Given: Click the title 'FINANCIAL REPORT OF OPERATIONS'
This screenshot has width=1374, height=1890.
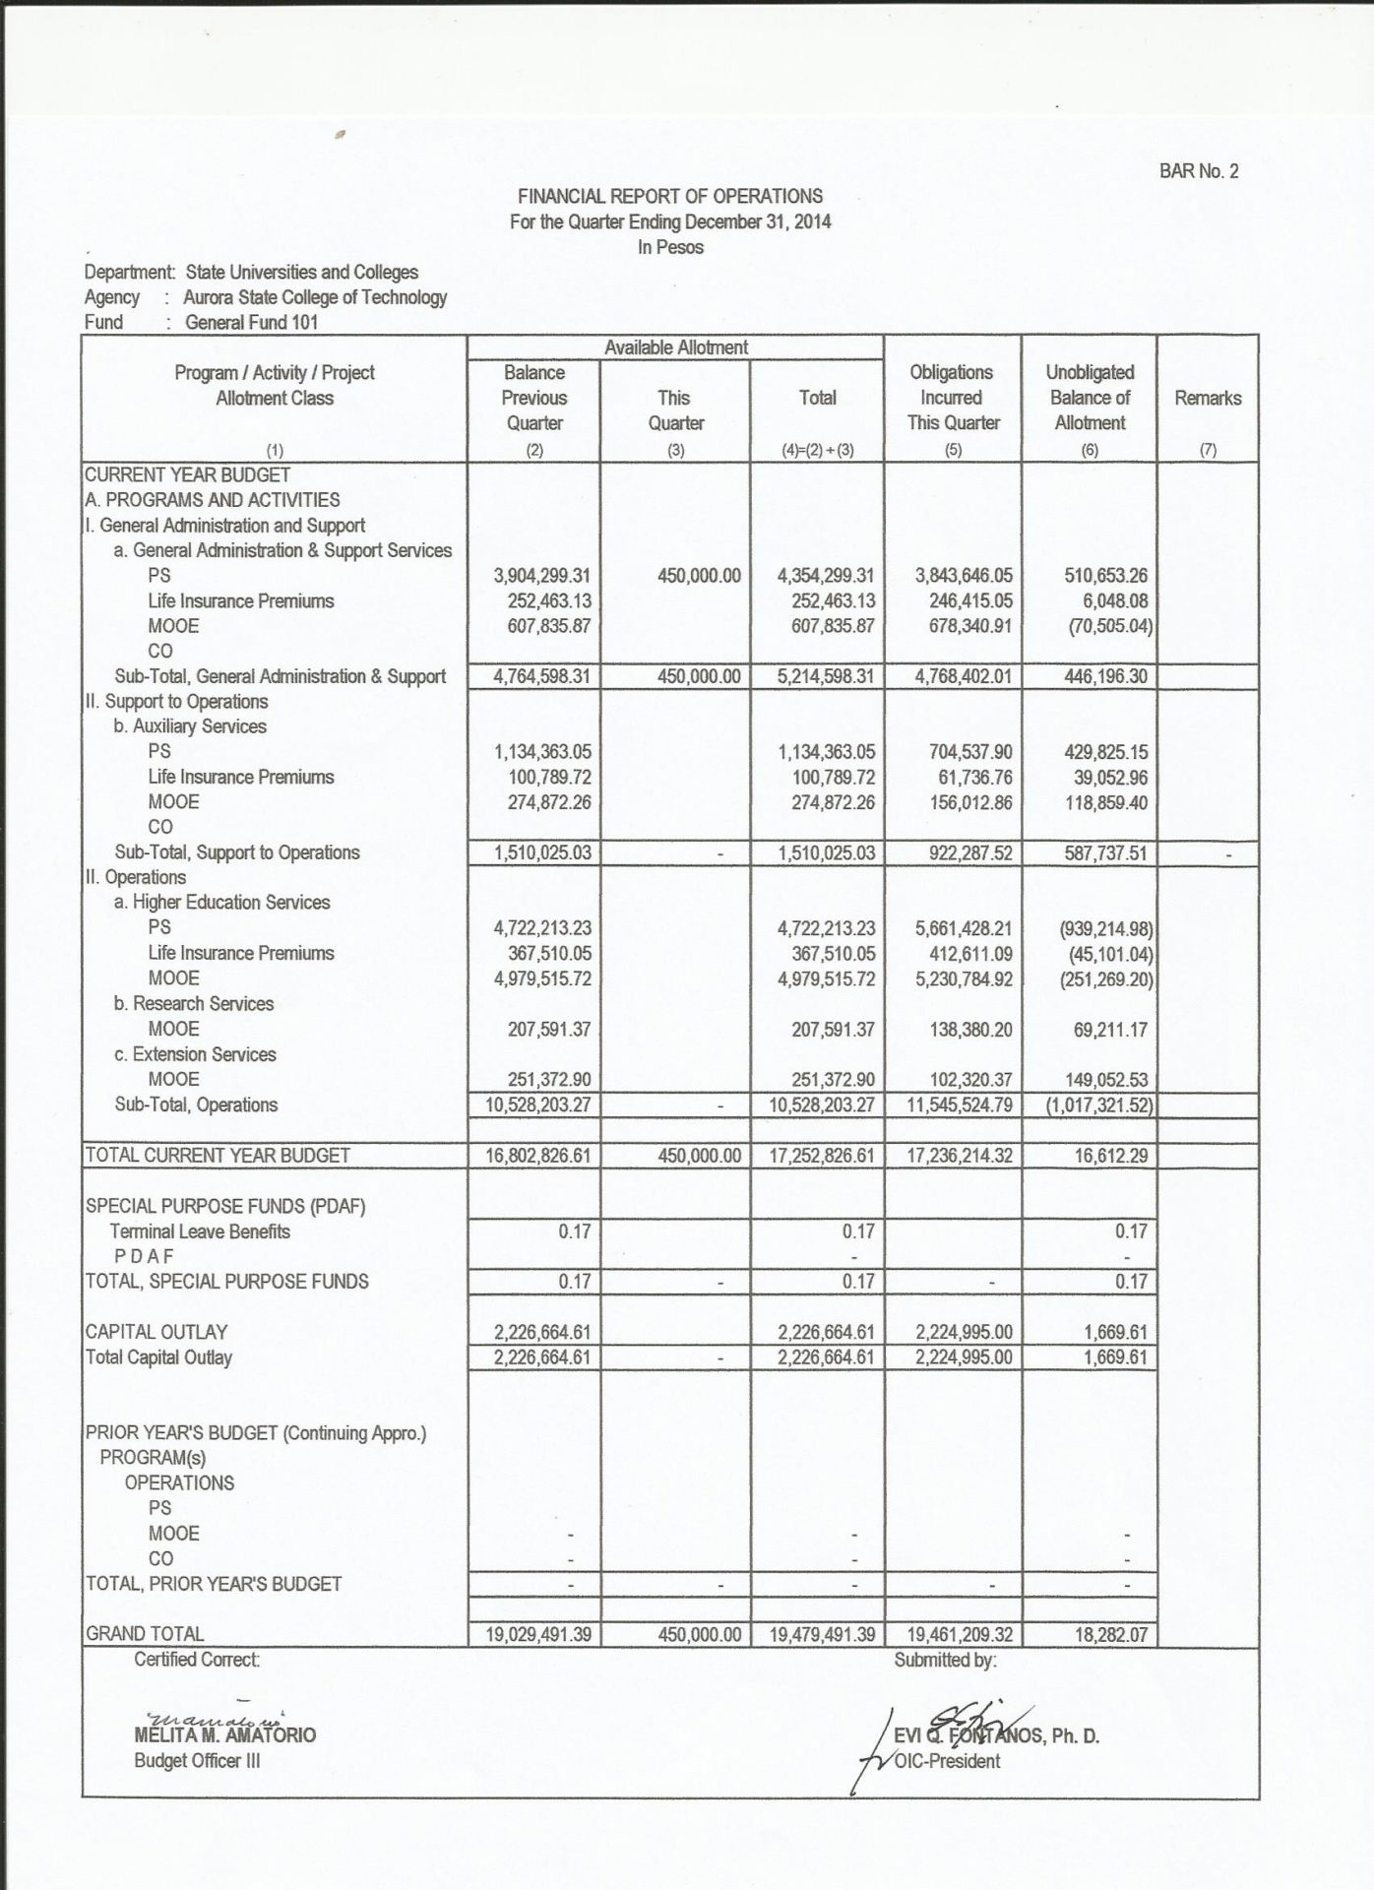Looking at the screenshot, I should click(x=670, y=196).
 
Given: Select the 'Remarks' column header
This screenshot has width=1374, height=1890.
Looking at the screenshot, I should click(x=1208, y=398).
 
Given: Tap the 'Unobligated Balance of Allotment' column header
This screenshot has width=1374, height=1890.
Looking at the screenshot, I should click(x=1090, y=398).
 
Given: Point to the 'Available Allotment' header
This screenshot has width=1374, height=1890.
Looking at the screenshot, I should click(x=675, y=347).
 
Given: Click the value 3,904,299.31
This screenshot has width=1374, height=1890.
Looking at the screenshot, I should click(x=542, y=576).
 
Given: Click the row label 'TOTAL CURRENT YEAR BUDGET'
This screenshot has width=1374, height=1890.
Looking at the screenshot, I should click(x=218, y=1156).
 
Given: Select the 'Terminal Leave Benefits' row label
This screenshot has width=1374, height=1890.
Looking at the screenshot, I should click(x=200, y=1231).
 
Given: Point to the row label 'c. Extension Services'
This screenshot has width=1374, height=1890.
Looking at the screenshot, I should click(x=195, y=1054).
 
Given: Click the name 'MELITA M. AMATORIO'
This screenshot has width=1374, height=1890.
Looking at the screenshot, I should click(x=225, y=1735).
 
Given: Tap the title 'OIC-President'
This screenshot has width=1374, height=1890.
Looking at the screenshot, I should click(x=947, y=1761).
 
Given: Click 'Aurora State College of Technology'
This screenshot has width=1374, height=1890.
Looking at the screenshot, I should click(x=315, y=297).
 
